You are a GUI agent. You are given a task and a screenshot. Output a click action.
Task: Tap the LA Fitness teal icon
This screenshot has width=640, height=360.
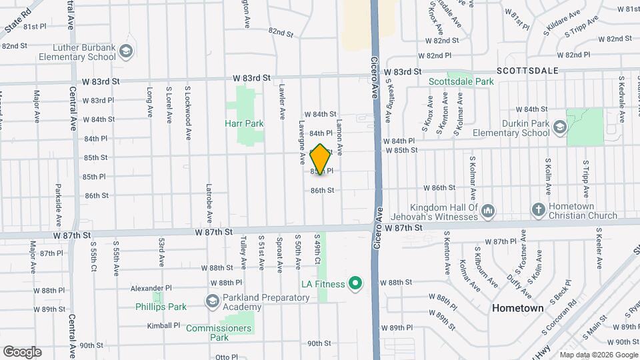coord(355,284)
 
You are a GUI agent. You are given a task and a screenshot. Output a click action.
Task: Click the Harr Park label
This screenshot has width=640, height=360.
coord(245,123)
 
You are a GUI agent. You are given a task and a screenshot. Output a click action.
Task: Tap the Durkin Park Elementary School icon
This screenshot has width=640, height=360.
coord(559,127)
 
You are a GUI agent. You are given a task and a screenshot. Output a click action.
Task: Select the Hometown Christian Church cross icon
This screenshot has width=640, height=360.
coord(538,211)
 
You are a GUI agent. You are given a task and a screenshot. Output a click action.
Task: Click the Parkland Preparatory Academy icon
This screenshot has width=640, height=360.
coord(213,302)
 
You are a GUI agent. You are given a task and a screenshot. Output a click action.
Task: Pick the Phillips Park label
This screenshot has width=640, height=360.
coord(161,307)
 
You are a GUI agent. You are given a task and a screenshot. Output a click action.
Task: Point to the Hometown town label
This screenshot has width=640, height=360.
coord(518,309)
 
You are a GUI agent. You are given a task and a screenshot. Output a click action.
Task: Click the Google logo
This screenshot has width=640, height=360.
coord(22,351)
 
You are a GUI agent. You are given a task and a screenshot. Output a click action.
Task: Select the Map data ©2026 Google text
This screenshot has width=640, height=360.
coord(598,355)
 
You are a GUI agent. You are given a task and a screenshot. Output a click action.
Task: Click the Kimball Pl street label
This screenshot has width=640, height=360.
coord(164,326)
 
